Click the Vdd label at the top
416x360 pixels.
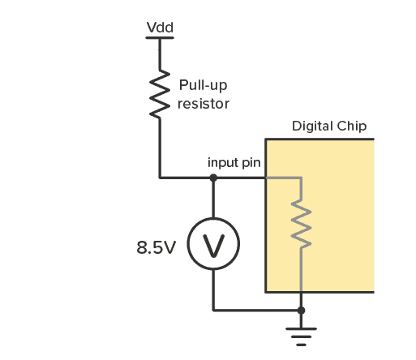coord(159,28)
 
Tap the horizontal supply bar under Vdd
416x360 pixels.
coord(159,39)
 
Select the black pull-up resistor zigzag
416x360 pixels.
coord(159,96)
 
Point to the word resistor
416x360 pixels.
coord(204,104)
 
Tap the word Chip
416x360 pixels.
coord(353,126)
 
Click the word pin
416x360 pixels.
coord(251,163)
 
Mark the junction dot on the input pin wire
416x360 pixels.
coord(213,177)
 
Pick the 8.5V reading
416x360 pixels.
coord(156,246)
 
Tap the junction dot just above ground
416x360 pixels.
coord(301,310)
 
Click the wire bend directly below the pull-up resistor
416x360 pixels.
coord(159,177)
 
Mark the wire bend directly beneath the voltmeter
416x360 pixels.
coord(213,310)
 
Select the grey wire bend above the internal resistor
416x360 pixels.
coord(301,178)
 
